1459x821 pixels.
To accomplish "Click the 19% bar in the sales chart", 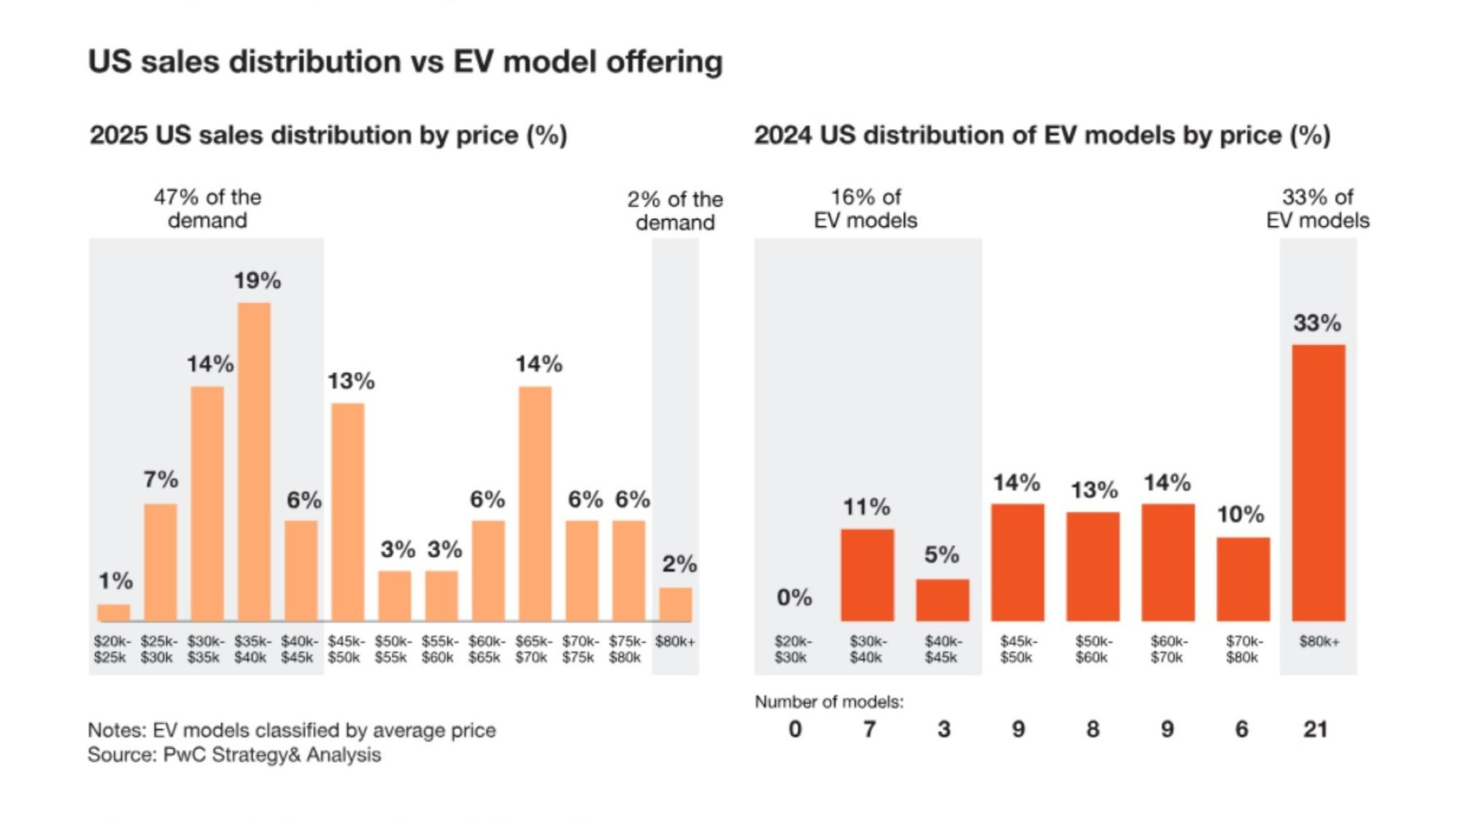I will click(254, 462).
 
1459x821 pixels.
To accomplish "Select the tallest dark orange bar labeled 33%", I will click(1318, 482).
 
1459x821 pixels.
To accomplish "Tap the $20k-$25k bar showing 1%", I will click(114, 612).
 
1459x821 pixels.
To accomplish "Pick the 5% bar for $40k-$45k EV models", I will click(943, 600).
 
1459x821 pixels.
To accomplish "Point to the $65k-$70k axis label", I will click(532, 649).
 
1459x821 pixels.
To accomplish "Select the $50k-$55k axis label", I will click(392, 649).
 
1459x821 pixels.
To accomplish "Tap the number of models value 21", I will click(1315, 729).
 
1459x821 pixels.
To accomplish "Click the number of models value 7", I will click(869, 729).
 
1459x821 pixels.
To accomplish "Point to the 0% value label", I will click(794, 598).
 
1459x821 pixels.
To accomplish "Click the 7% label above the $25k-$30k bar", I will click(160, 479).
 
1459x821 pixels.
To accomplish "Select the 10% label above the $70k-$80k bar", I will click(1240, 514).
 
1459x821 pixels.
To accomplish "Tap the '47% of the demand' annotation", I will click(207, 209).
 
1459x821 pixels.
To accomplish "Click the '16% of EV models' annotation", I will click(866, 209).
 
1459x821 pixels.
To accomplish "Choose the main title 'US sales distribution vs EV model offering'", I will click(405, 61).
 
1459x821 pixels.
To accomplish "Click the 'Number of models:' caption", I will click(829, 702).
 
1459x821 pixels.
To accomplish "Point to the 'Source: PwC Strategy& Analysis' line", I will click(234, 755).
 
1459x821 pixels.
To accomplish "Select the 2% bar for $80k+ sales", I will click(676, 604).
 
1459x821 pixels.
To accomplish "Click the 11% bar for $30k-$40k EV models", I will click(867, 575).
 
